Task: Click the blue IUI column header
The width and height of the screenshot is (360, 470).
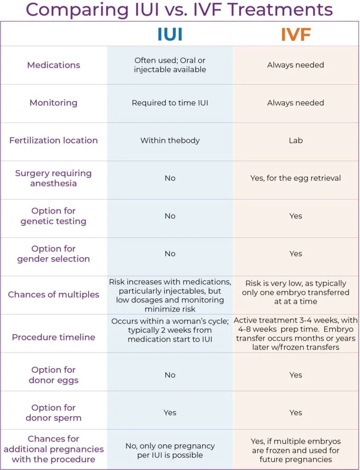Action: click(x=170, y=35)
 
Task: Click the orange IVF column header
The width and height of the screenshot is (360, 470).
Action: click(x=296, y=35)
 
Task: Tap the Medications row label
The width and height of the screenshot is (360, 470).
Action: click(x=54, y=65)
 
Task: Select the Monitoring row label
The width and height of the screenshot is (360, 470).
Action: click(x=54, y=103)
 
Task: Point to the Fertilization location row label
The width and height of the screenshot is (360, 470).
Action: click(x=54, y=140)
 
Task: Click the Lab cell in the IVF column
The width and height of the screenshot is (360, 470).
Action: click(x=296, y=140)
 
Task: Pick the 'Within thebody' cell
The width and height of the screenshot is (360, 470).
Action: click(x=170, y=140)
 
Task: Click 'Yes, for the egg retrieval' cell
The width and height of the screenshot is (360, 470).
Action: click(x=296, y=178)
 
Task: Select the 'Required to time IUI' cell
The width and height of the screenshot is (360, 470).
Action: click(x=170, y=103)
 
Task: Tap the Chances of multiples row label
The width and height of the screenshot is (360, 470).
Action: click(x=54, y=295)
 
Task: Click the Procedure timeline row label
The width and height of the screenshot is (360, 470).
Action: click(x=54, y=337)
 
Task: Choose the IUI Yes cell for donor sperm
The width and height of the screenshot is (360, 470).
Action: click(x=170, y=413)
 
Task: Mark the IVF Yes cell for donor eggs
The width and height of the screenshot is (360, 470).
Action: click(x=296, y=375)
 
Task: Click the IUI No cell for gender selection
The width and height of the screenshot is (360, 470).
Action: click(x=170, y=253)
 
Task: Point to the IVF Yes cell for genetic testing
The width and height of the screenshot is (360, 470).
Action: click(x=296, y=216)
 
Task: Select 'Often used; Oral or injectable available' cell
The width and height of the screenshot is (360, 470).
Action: click(x=170, y=65)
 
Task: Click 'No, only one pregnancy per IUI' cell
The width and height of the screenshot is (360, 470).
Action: click(x=170, y=450)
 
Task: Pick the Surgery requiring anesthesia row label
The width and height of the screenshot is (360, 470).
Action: click(x=54, y=178)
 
